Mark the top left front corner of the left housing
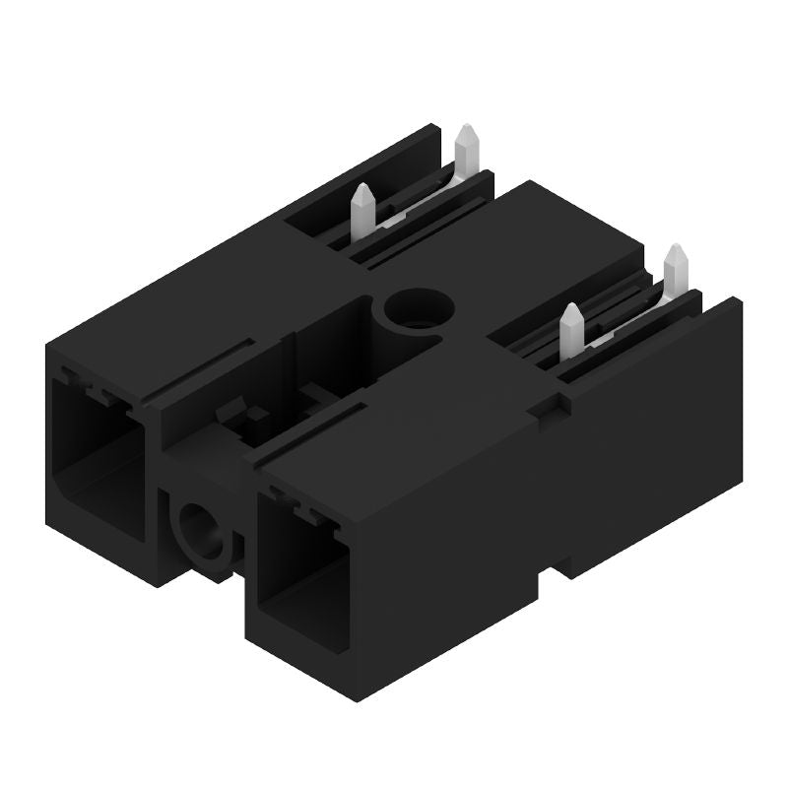[x=48, y=340]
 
